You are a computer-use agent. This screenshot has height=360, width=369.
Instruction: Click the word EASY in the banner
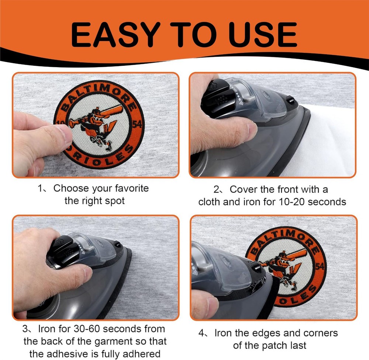click(114, 34)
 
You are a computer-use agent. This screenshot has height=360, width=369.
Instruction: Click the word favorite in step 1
click(132, 188)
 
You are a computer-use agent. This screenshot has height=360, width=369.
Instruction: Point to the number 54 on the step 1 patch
click(137, 124)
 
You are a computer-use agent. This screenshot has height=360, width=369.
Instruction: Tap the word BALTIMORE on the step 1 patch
click(99, 96)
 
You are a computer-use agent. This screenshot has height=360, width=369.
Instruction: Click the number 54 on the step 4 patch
click(320, 267)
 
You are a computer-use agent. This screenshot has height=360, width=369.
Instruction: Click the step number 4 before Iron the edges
click(201, 333)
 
